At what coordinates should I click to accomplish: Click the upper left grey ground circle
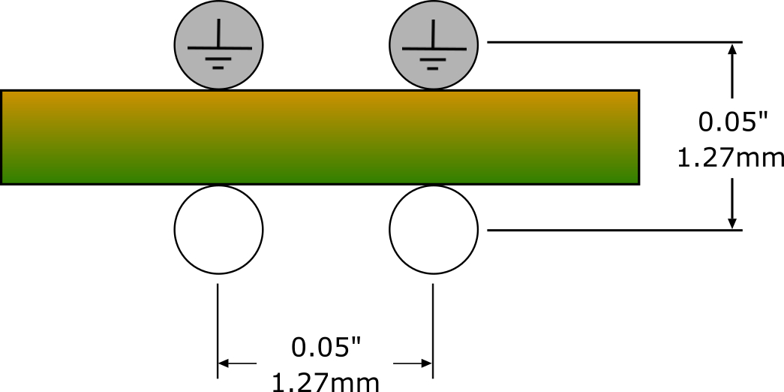click(218, 46)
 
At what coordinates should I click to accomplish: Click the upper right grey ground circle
click(434, 46)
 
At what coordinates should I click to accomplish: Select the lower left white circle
click(218, 230)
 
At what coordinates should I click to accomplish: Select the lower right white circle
click(434, 230)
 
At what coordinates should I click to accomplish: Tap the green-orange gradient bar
click(320, 137)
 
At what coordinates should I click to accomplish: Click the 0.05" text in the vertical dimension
click(732, 122)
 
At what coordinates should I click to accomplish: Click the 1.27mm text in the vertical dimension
click(731, 158)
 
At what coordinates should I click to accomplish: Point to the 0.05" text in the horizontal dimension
click(326, 348)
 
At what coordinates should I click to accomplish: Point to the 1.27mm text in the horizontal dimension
click(326, 383)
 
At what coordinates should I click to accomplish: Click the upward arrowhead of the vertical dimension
click(732, 50)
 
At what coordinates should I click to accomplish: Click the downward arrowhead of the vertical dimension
click(732, 223)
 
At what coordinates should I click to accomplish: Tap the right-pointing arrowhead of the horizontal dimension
click(426, 363)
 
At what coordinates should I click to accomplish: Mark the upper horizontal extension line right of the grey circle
click(614, 43)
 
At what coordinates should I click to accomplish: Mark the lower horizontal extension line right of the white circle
click(614, 231)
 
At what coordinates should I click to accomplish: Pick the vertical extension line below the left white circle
click(218, 331)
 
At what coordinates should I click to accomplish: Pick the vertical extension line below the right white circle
click(432, 331)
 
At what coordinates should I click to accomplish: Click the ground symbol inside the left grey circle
click(219, 45)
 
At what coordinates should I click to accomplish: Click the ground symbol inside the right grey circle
click(434, 45)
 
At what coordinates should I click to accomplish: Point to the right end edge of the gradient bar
click(639, 137)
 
